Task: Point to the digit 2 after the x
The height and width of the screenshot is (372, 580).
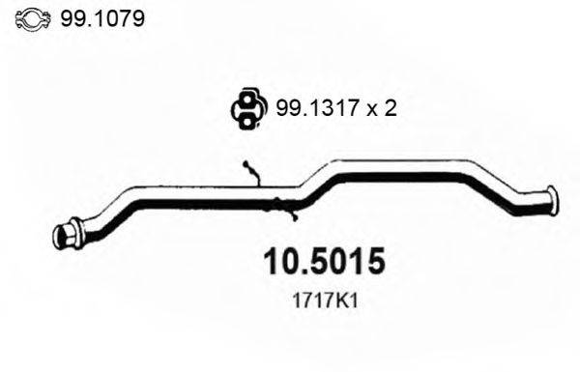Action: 390,109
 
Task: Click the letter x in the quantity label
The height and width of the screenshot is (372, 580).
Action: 371,111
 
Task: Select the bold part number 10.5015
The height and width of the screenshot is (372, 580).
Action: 324,263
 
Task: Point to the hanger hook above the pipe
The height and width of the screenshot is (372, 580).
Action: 252,172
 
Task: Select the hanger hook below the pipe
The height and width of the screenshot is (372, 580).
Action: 284,204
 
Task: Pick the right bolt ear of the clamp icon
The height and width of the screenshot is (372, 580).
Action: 47,18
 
